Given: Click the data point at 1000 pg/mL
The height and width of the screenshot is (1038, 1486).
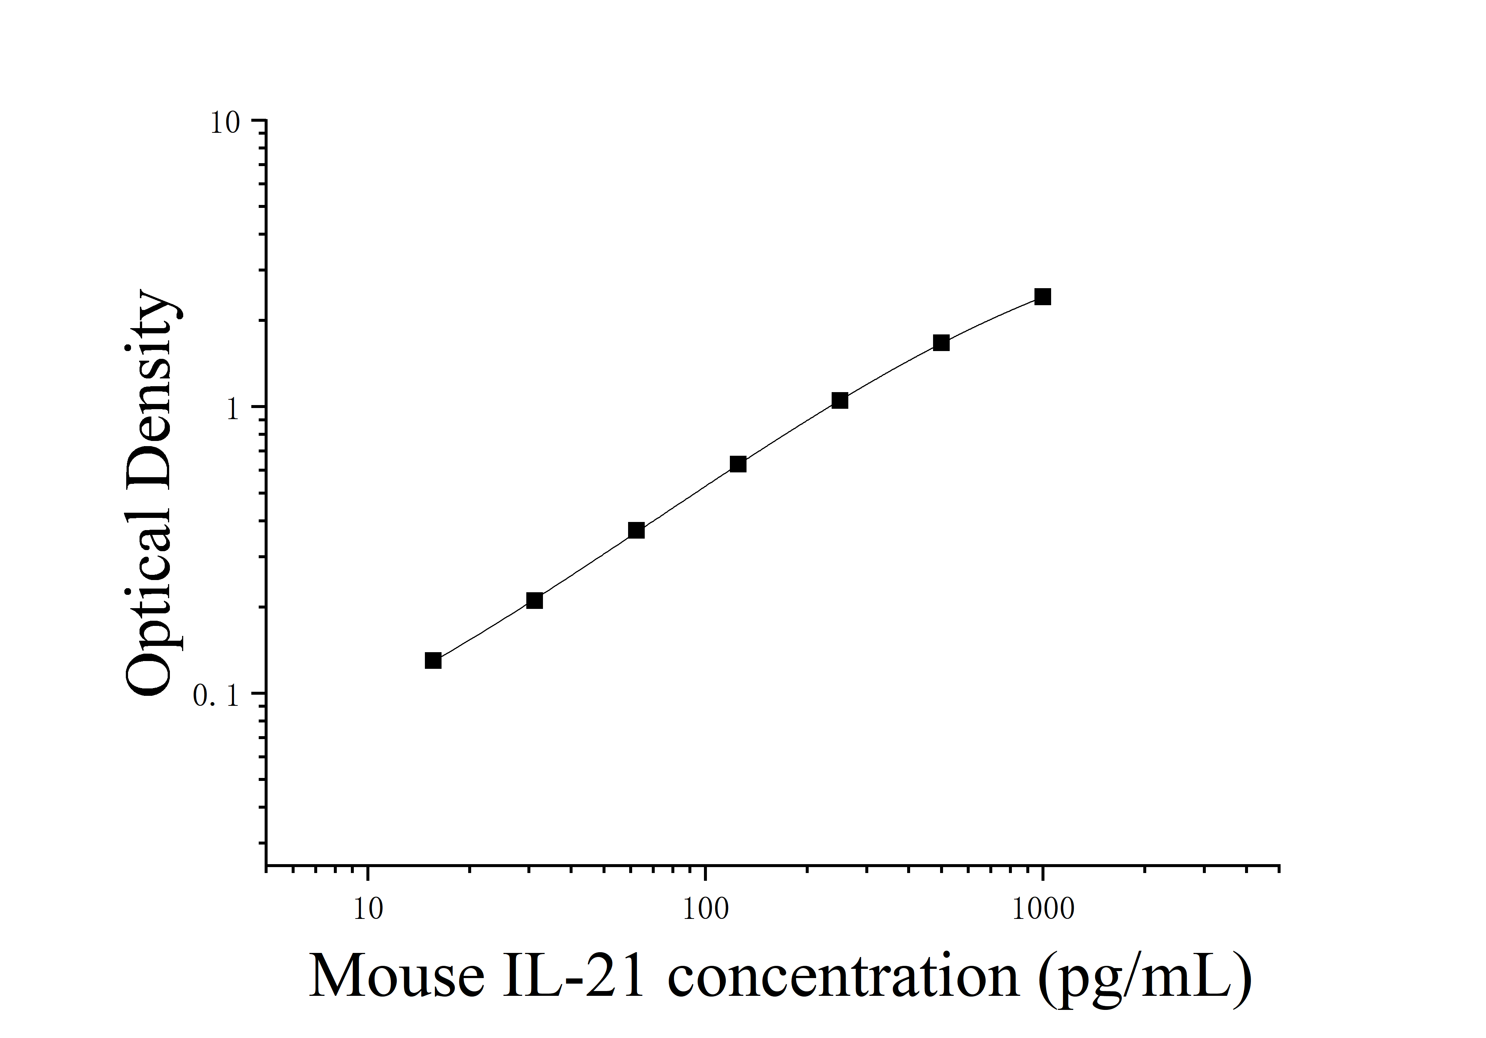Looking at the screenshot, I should pyautogui.click(x=1042, y=297).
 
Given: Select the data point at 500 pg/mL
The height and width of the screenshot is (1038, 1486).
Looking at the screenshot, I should pyautogui.click(x=941, y=343).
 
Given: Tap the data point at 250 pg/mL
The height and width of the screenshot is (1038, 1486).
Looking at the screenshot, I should pyautogui.click(x=839, y=400).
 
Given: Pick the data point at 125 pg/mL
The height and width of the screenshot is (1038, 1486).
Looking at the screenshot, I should pyautogui.click(x=738, y=464).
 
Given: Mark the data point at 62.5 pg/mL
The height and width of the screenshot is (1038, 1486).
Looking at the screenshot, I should pyautogui.click(x=636, y=530).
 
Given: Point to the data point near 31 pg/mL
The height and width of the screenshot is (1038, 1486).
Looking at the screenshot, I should pyautogui.click(x=534, y=601).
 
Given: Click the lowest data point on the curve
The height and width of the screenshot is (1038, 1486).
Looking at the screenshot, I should pyautogui.click(x=433, y=660).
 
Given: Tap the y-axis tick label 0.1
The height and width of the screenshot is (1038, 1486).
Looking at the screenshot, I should pyautogui.click(x=216, y=696).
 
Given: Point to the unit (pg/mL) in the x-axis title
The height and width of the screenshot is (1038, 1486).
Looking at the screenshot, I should pyautogui.click(x=1145, y=978).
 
